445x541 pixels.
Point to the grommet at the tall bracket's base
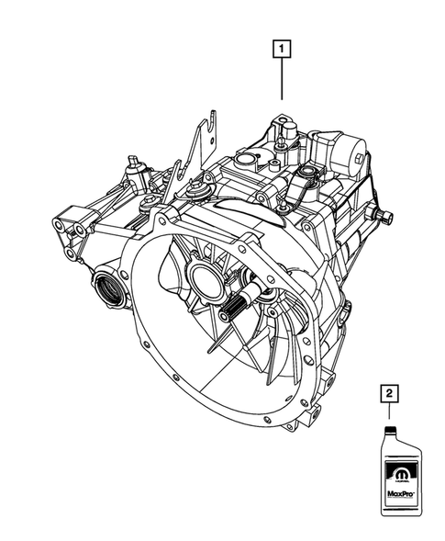[x=195, y=192]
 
